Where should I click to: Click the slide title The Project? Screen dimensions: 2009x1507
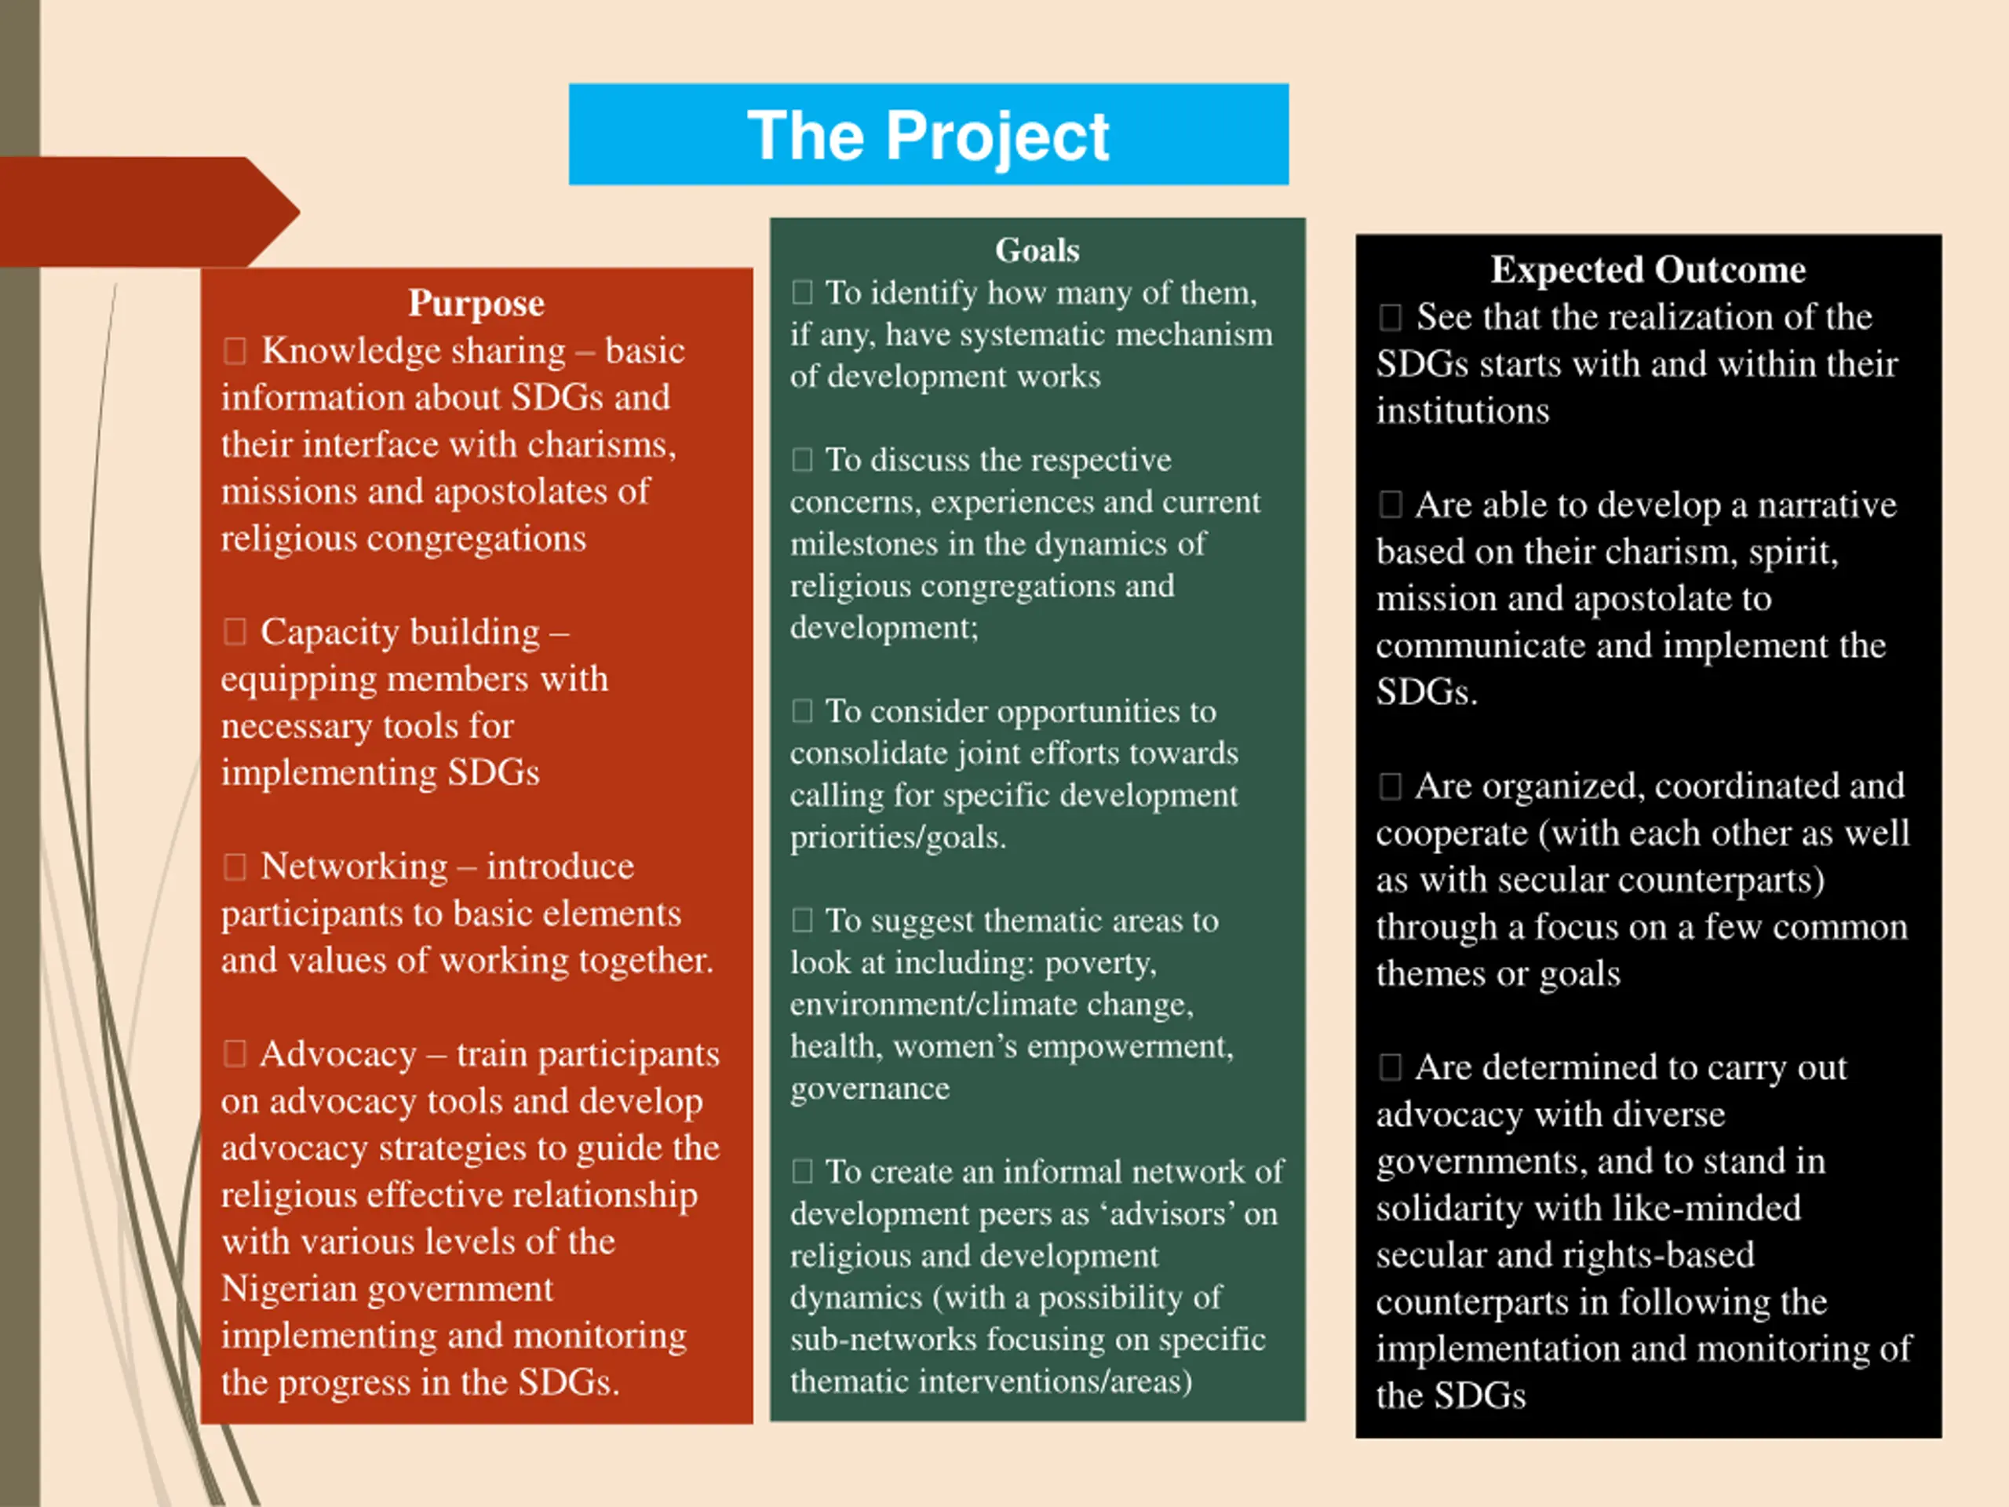coord(928,135)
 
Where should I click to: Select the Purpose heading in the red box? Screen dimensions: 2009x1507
coord(476,302)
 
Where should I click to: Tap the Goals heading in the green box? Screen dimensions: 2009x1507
coord(1037,250)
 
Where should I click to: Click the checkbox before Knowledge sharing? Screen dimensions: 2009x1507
coord(235,351)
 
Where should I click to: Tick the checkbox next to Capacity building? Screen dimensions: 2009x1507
coord(235,631)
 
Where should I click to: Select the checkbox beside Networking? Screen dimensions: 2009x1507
coord(235,867)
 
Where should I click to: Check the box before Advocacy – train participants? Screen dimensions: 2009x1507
coord(235,1053)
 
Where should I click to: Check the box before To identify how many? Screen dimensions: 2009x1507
coord(802,293)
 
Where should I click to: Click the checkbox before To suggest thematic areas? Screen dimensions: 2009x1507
coord(802,921)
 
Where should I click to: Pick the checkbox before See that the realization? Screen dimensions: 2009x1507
coord(1390,317)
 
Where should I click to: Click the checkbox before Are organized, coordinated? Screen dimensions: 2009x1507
coord(1390,786)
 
